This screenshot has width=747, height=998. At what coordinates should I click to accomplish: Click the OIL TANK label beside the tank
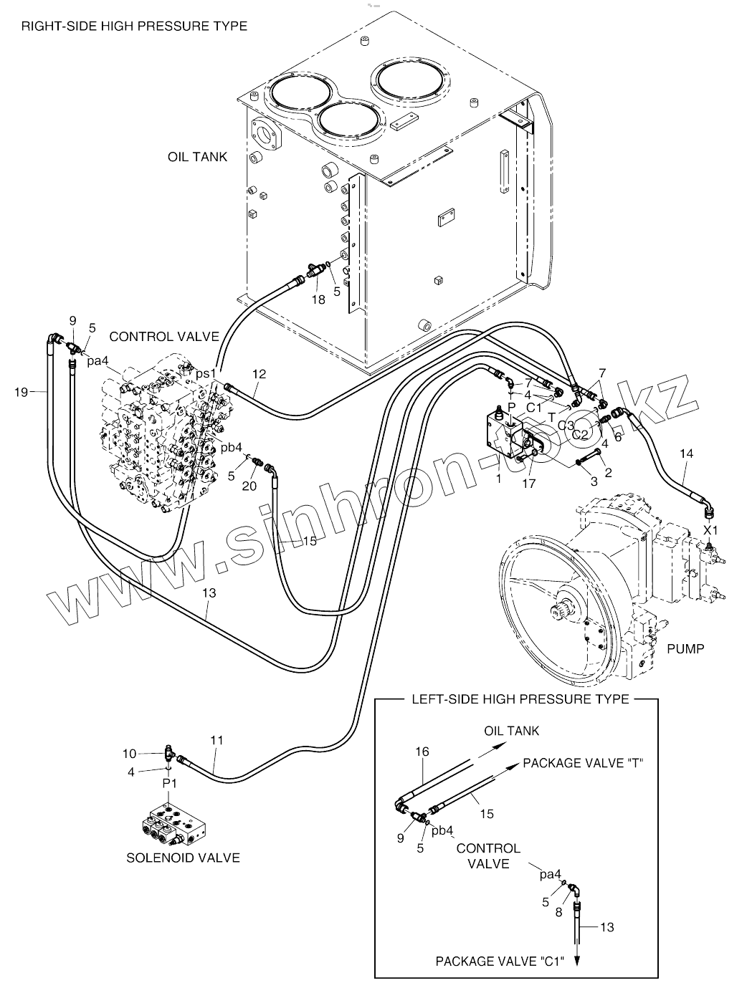tap(197, 157)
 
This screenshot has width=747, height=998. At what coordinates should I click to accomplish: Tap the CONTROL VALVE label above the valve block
tap(164, 337)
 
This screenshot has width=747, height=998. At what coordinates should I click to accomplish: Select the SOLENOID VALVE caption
tap(183, 858)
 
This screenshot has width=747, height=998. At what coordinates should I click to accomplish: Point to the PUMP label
tap(685, 649)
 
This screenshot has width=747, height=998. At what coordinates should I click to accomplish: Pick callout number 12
tap(259, 374)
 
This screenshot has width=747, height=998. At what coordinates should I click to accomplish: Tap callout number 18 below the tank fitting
tap(318, 299)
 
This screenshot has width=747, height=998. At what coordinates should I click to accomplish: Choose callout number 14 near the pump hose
tap(687, 454)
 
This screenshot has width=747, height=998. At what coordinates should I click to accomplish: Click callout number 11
tap(217, 740)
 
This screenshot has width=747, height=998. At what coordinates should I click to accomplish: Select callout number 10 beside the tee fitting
tap(129, 754)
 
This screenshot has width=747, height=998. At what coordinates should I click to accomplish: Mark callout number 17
tap(528, 484)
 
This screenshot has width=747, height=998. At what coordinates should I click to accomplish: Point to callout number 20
tap(249, 486)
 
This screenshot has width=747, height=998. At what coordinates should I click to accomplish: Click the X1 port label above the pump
tap(710, 530)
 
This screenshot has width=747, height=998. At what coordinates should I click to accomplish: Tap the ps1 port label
tap(206, 374)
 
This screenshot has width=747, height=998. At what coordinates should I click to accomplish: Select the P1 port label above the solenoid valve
tap(170, 783)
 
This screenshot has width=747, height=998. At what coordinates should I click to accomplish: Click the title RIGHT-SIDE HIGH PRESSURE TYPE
tap(135, 26)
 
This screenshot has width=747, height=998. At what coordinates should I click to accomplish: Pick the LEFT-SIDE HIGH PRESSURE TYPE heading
tap(520, 699)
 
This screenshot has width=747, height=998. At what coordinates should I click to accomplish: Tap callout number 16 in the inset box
tap(422, 752)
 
